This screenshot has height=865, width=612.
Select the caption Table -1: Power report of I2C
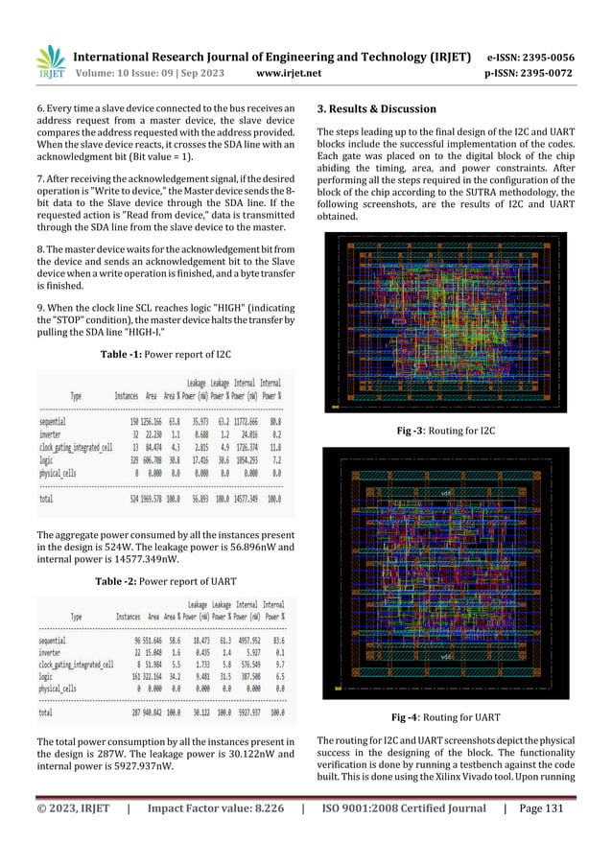[x=165, y=355]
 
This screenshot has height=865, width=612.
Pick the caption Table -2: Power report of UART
[x=165, y=580]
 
